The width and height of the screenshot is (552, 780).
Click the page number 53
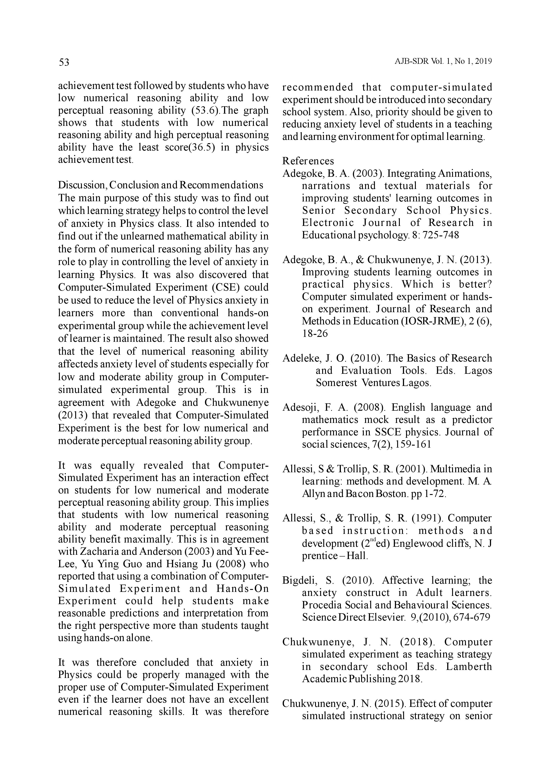pos(64,62)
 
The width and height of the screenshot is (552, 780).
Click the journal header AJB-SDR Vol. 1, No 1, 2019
pos(443,62)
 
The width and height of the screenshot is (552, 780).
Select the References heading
pos(308,161)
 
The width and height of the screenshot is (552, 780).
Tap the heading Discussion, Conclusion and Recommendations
pos(160,185)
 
